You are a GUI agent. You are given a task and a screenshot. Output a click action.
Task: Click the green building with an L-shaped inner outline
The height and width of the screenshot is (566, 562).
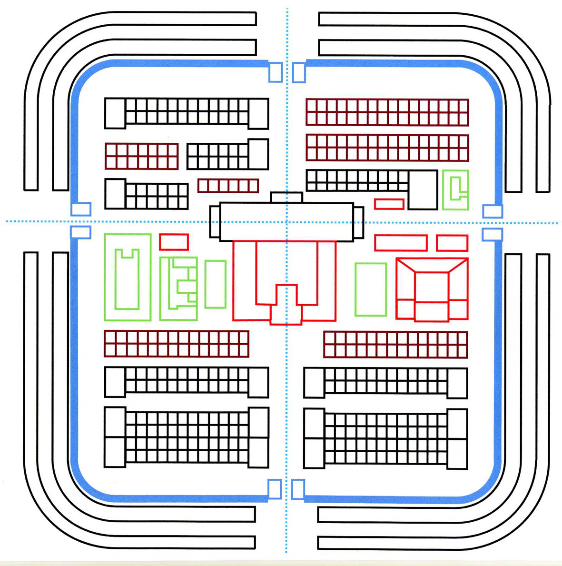(x=455, y=190)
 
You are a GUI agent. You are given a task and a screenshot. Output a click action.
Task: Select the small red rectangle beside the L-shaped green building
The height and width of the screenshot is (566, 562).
(x=389, y=204)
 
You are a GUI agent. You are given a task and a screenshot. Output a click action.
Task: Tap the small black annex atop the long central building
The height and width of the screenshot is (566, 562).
(x=286, y=197)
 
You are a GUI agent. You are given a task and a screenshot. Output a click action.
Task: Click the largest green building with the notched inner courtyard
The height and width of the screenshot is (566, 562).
(x=128, y=277)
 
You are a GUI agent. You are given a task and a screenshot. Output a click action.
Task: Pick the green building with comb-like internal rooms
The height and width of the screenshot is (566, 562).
(x=178, y=288)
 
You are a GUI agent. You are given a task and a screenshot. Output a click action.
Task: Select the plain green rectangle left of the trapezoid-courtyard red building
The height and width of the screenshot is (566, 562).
(x=371, y=289)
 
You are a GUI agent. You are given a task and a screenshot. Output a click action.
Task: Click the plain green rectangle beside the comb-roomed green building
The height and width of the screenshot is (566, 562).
(x=215, y=284)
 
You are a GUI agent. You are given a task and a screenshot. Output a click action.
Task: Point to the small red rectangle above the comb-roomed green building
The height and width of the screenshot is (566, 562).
(x=174, y=242)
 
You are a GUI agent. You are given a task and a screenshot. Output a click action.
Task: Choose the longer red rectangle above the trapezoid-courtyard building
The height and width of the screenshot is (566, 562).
(x=401, y=243)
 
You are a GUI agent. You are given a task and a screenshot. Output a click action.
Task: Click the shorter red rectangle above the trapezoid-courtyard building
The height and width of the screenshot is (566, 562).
(x=452, y=243)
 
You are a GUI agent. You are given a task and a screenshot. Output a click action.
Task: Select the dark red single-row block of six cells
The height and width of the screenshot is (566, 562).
(x=228, y=186)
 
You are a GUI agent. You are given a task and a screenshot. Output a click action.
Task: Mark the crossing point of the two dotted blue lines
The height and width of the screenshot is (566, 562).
(x=287, y=222)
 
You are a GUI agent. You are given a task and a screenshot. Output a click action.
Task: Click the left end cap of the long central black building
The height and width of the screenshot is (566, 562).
(x=215, y=222)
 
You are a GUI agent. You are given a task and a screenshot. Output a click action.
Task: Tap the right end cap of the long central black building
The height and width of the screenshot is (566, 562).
(x=359, y=222)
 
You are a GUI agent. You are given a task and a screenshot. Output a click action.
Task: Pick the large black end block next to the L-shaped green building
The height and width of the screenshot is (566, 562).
(x=423, y=190)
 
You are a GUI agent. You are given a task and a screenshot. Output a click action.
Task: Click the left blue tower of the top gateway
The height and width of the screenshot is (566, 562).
(x=275, y=72)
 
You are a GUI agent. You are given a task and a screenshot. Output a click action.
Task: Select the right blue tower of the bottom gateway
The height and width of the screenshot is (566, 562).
(x=298, y=489)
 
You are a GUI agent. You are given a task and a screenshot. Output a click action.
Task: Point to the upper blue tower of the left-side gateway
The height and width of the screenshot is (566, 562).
(x=81, y=209)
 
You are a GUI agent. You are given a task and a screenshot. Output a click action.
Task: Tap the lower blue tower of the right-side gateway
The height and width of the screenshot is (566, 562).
(x=492, y=234)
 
